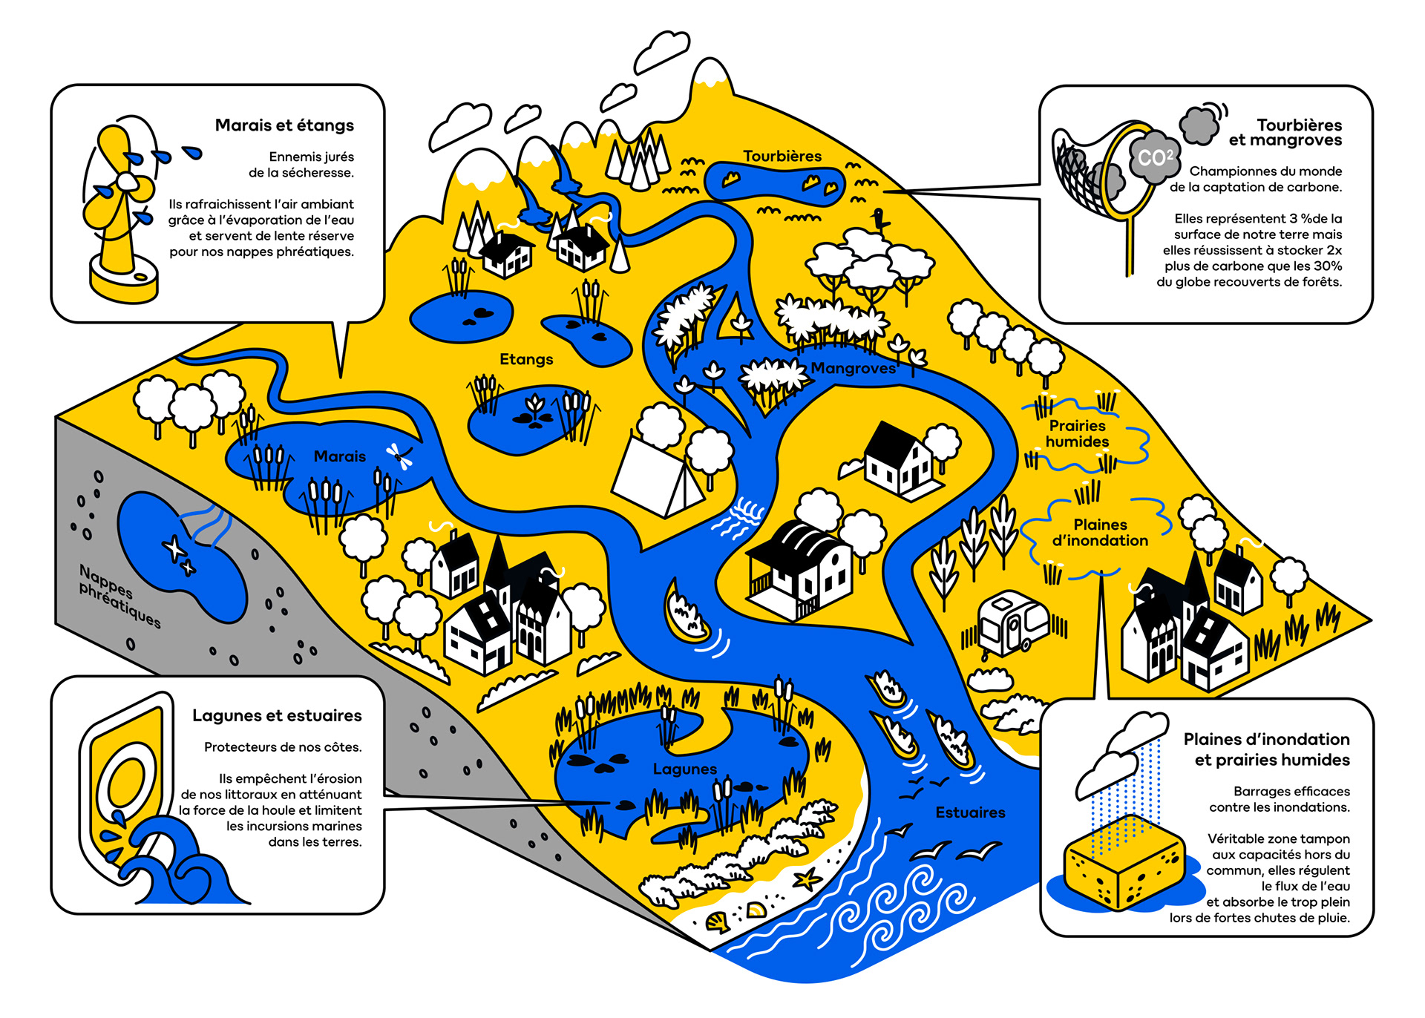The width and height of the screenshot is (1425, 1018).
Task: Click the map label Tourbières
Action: [x=782, y=157]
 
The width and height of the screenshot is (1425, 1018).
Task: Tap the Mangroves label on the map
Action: [x=853, y=369]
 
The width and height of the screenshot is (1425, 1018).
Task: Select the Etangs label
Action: [x=526, y=360]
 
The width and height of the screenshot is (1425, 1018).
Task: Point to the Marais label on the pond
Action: [x=339, y=457]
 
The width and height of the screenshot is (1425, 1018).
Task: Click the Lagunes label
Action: [x=684, y=769]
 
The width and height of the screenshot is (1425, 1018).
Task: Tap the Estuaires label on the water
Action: [x=970, y=813]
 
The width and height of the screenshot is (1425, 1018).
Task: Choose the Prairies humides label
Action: [x=1077, y=434]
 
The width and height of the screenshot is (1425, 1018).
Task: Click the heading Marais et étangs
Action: [x=284, y=125]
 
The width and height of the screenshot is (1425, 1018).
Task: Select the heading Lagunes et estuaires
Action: [x=277, y=716]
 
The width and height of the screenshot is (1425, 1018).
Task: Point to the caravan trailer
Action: [x=1012, y=624]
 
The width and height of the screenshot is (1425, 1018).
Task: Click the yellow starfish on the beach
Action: [x=807, y=881]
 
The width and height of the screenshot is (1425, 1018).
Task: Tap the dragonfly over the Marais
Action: [x=400, y=456]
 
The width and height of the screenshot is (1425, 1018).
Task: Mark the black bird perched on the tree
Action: [x=880, y=220]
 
